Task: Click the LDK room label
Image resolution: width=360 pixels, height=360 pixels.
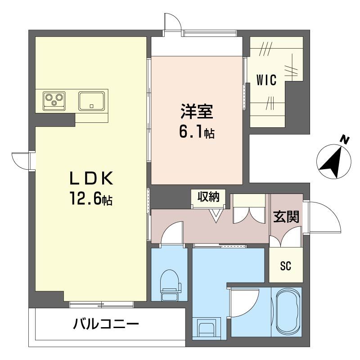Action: coord(91,178)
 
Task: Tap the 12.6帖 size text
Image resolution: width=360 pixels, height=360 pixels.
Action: coord(91,198)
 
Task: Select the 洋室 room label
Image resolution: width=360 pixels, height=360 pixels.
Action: coord(197,111)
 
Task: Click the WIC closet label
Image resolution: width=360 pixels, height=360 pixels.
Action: coord(266,80)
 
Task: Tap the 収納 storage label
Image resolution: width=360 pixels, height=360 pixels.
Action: coord(208,197)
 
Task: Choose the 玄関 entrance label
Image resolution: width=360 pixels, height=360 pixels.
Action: coord(286,217)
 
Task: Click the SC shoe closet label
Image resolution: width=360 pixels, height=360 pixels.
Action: coord(286,265)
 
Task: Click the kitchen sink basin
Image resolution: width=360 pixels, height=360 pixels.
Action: coord(92,101)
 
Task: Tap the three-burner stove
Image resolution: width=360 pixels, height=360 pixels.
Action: coord(54,100)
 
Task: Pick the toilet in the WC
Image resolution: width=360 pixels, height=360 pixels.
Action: coord(170,285)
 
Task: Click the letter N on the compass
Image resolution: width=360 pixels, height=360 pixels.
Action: coord(344,140)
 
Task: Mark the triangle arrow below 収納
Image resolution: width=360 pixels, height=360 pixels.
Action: coord(216,216)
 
